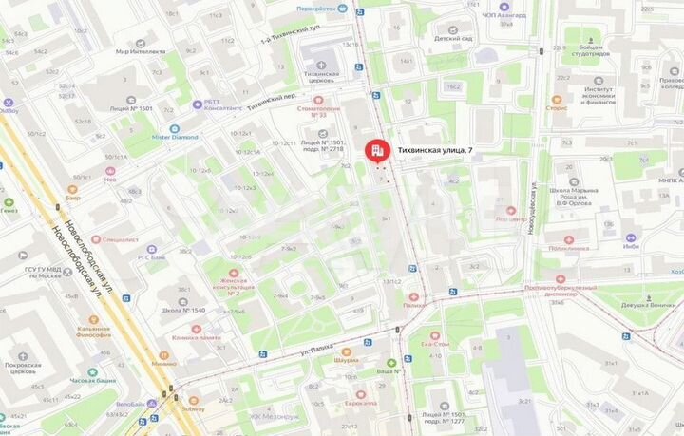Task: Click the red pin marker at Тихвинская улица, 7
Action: pos(377,150)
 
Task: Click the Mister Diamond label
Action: pos(174,137)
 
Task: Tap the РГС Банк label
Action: pos(153,257)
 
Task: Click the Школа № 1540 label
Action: pos(182,311)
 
